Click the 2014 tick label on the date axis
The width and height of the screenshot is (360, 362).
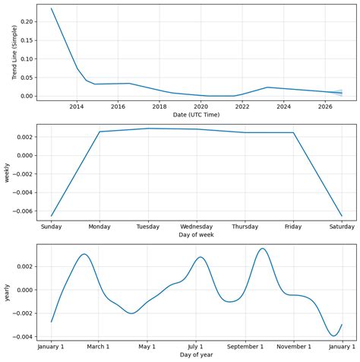(x=77, y=106)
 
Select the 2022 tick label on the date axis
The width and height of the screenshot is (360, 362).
(x=242, y=106)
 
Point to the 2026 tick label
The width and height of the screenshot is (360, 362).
(x=325, y=106)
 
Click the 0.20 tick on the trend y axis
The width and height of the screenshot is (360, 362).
(x=24, y=22)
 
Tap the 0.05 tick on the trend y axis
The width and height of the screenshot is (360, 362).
(x=24, y=78)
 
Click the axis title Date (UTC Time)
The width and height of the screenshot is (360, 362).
(x=196, y=115)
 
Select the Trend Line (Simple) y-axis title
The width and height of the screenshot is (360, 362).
(x=7, y=52)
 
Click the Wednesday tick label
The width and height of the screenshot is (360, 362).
(x=196, y=227)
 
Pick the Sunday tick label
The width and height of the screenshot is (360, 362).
(x=52, y=227)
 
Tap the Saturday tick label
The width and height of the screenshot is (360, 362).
(x=341, y=227)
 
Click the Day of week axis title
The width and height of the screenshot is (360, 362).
(x=196, y=235)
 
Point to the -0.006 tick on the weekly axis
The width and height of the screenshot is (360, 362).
(x=21, y=211)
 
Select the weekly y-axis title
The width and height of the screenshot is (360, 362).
(x=7, y=172)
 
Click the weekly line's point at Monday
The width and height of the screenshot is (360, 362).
(x=99, y=132)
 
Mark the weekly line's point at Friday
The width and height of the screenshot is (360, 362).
(x=293, y=133)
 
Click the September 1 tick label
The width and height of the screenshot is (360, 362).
(x=245, y=347)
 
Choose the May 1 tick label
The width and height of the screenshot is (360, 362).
(x=147, y=347)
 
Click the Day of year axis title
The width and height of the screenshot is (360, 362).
(x=196, y=355)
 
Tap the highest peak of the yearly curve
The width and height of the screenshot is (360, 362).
(x=263, y=249)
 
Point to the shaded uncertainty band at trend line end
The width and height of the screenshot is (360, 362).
(x=339, y=93)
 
